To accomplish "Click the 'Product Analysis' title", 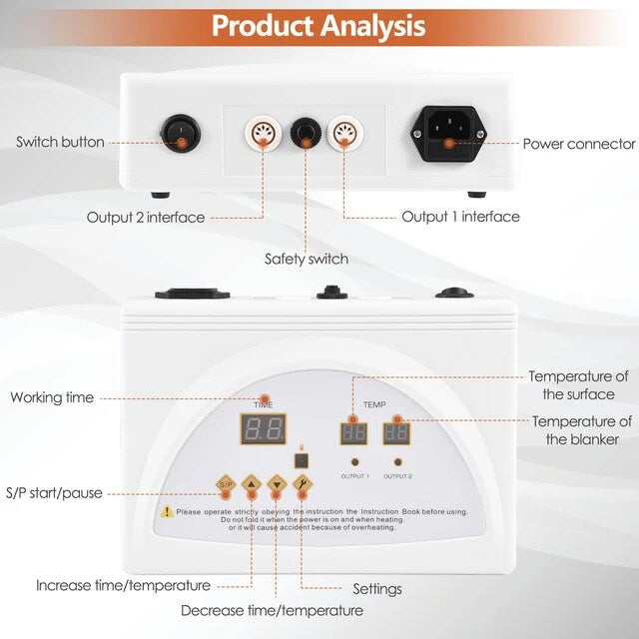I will pos(319,25).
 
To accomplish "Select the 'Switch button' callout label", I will pos(60,142).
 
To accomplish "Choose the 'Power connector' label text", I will pos(579,144).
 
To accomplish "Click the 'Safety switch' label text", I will pos(307,260).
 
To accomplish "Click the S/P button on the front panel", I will pos(226,485).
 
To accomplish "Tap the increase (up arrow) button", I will pos(251,485).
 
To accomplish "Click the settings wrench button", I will pos(303,485).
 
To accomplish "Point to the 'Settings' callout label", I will pos(377,589).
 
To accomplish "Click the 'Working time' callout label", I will pos(52,397).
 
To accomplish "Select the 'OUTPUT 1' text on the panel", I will pos(354,476).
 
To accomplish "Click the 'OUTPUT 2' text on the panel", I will pos(398,476).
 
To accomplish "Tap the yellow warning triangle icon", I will pos(167,511).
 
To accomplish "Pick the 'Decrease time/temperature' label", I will pos(272,610).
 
